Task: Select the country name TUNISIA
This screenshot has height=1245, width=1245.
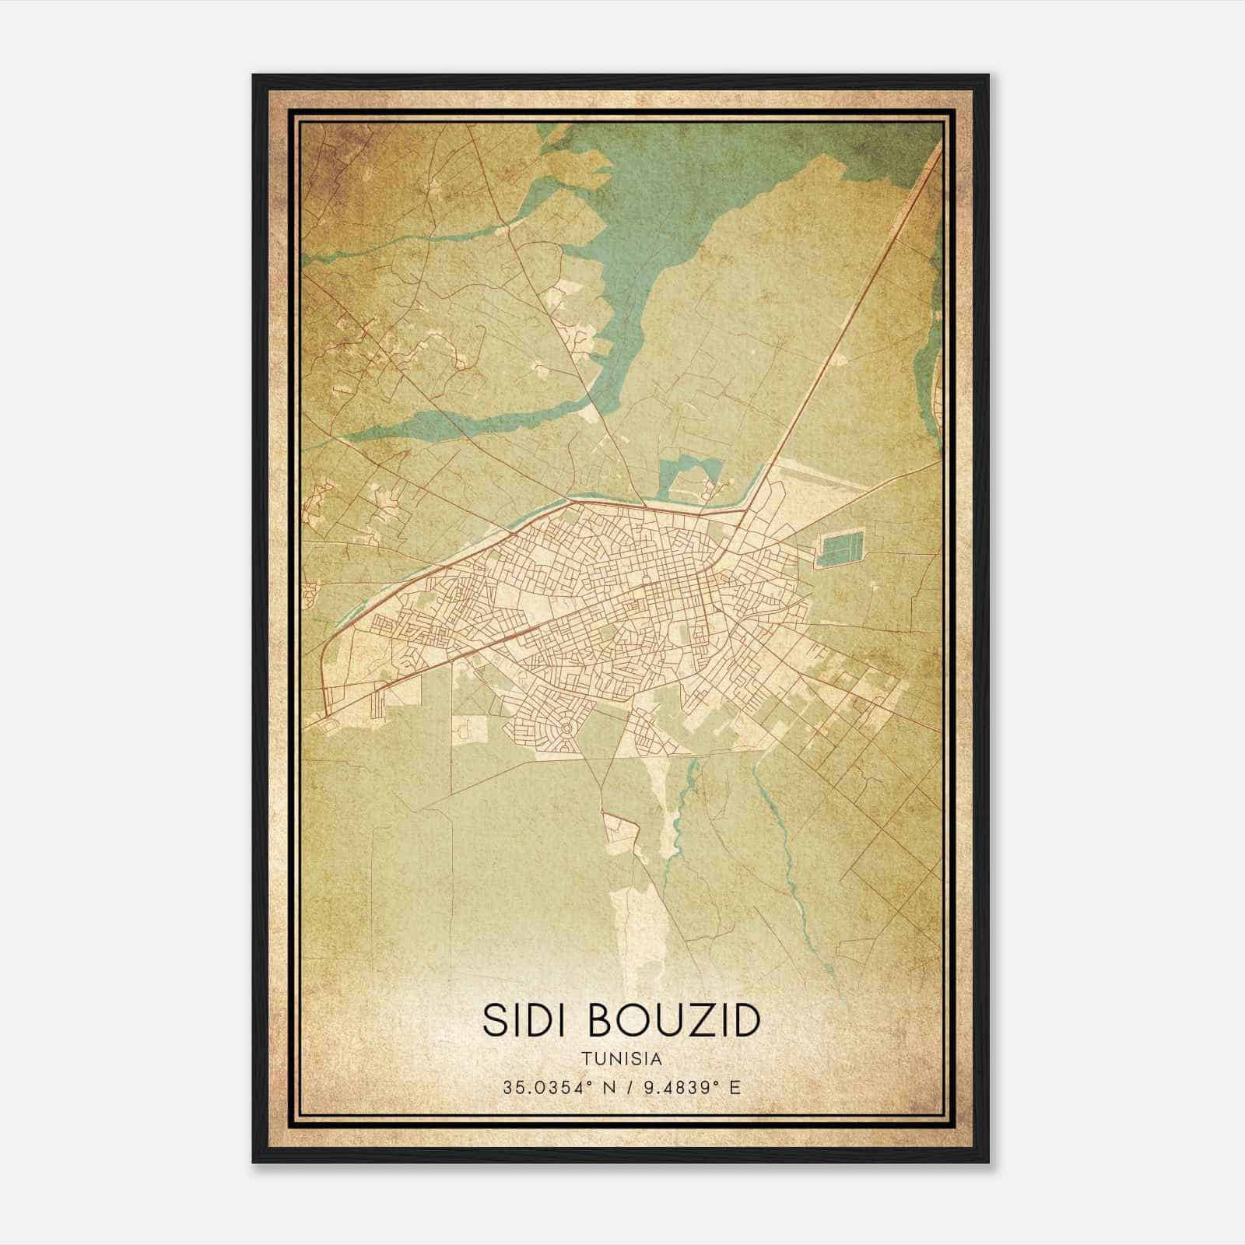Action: (x=621, y=1059)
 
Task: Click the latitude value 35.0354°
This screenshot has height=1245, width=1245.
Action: (x=545, y=1087)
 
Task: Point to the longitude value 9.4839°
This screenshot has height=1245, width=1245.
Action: (x=679, y=1087)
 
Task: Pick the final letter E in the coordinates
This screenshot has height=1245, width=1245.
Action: (x=735, y=1087)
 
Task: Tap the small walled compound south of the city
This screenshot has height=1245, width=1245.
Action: (x=620, y=830)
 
